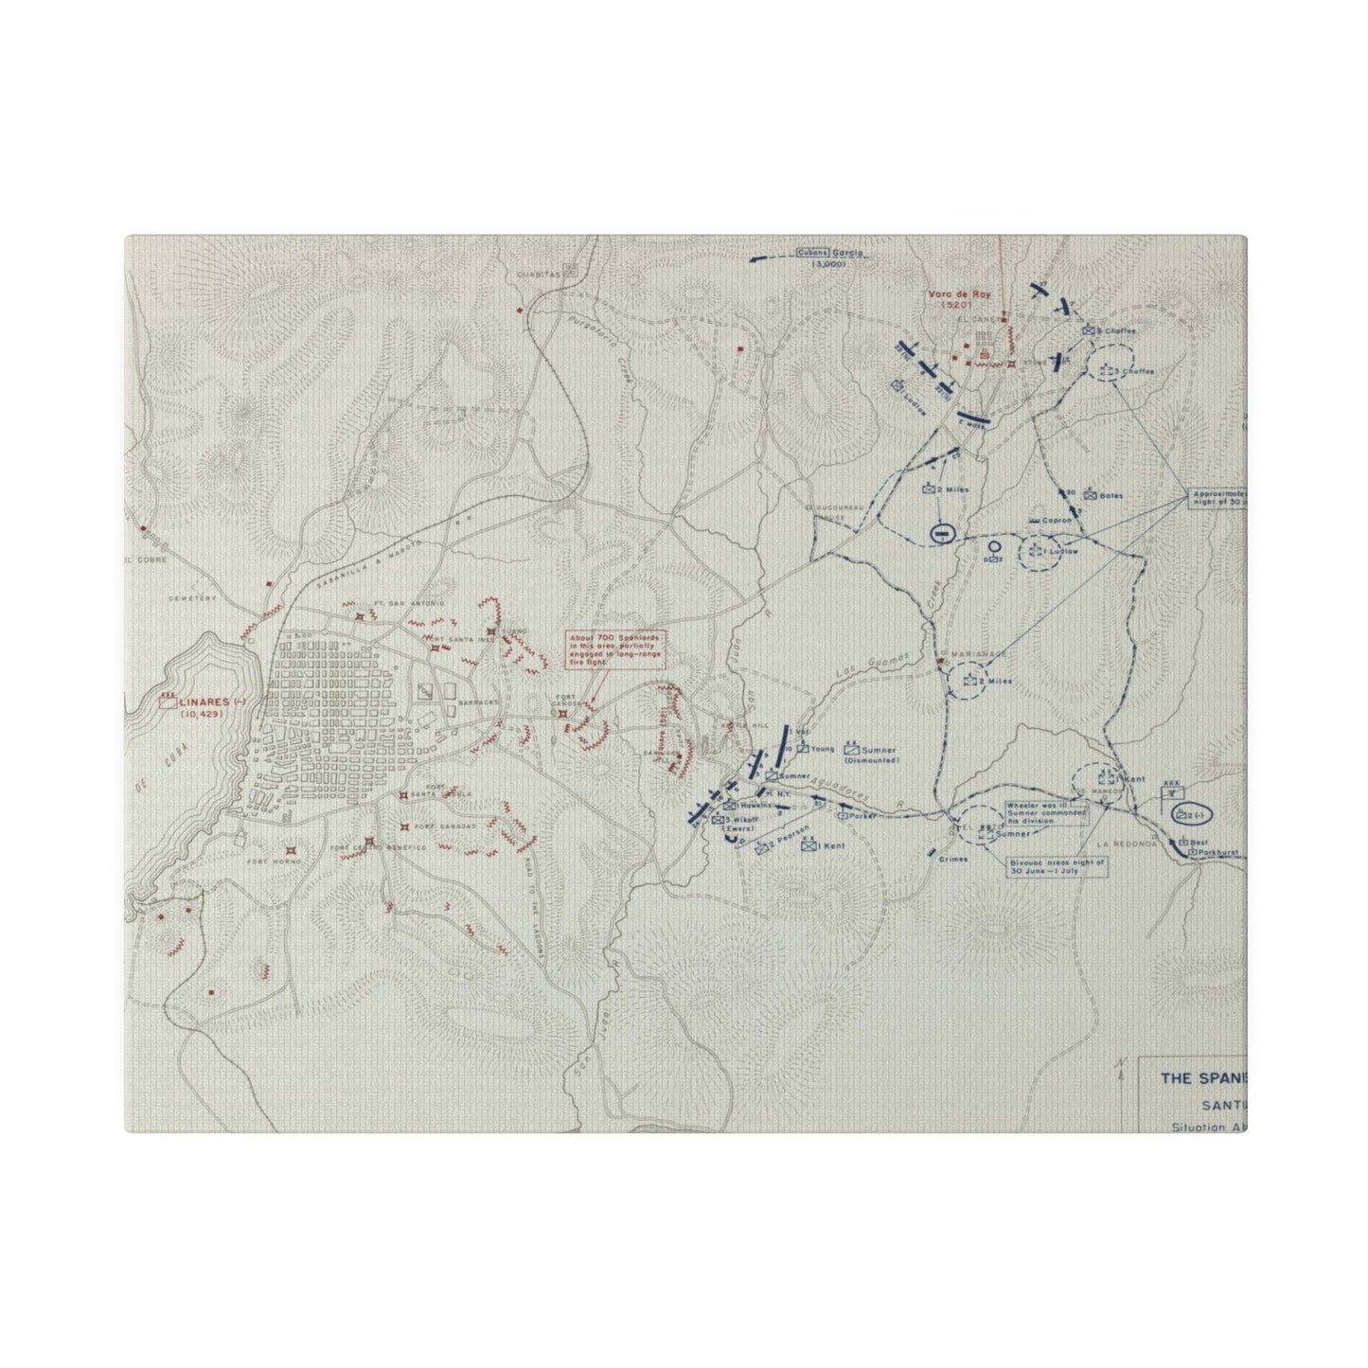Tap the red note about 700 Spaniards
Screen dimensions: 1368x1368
click(x=606, y=650)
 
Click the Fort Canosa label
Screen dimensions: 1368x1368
click(x=566, y=699)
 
